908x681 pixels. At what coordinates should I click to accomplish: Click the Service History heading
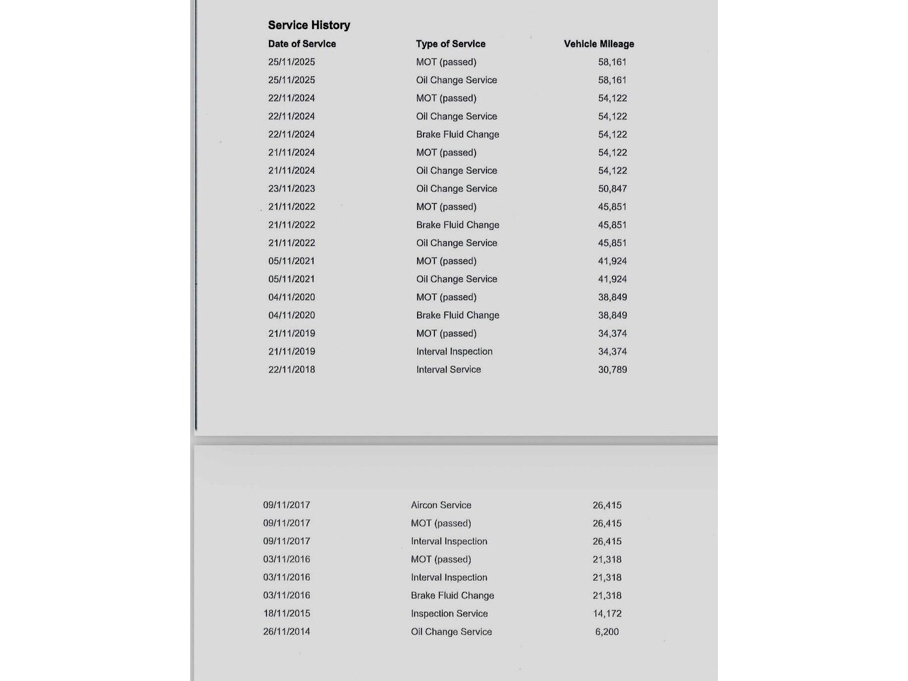(309, 25)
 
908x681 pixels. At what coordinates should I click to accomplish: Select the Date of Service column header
(301, 44)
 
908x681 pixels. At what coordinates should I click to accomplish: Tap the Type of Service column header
(450, 44)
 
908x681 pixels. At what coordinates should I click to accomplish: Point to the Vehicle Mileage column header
(599, 44)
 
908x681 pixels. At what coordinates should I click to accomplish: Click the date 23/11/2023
(292, 189)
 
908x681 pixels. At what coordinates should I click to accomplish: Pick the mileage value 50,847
(612, 189)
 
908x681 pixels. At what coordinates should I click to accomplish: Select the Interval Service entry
(448, 370)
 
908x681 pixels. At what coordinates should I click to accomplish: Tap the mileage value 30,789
(612, 370)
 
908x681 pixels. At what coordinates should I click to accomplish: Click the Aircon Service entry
(441, 505)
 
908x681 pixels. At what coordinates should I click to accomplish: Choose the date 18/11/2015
(287, 614)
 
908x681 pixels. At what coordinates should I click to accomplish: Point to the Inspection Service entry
(449, 614)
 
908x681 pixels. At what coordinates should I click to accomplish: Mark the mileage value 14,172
(607, 614)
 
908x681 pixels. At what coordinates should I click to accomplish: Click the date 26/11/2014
(287, 631)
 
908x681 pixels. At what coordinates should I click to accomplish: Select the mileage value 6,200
(607, 631)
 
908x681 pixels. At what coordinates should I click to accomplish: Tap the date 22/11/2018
(292, 370)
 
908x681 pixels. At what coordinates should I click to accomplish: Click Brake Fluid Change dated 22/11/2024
(458, 135)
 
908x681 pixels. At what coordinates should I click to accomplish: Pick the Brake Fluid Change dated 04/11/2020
(458, 315)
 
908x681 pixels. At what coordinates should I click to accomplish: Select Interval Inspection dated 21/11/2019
(454, 352)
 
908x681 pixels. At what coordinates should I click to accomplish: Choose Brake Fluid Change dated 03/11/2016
(452, 595)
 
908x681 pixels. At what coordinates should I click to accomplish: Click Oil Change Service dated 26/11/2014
(451, 631)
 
